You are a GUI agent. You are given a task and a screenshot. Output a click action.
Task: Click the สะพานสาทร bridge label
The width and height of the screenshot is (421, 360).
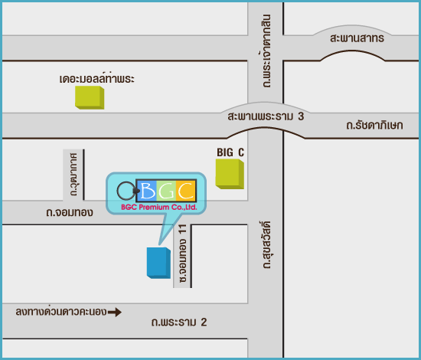tap(357, 38)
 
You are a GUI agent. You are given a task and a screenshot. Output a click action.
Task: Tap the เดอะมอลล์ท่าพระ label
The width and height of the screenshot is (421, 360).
tap(96, 78)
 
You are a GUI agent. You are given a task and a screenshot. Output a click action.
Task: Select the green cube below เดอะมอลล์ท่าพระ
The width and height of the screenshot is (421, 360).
tap(90, 97)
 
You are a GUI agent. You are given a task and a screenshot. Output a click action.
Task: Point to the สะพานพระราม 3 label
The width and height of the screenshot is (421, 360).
tap(266, 116)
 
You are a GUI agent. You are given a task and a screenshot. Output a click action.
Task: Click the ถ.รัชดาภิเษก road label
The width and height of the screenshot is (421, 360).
tap(374, 125)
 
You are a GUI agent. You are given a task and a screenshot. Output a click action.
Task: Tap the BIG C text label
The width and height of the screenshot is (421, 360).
tap(230, 152)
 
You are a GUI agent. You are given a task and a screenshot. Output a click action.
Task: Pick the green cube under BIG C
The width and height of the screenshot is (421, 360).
tap(230, 174)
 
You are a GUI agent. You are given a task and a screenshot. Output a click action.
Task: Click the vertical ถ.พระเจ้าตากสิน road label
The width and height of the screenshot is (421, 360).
tap(266, 51)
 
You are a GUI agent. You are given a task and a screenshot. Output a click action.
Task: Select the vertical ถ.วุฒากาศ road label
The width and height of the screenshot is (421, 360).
tap(73, 175)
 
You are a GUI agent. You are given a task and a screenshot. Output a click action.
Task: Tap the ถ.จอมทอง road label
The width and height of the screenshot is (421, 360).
tap(70, 212)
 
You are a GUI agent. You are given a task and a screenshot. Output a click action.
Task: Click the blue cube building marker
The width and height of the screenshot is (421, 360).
tap(158, 263)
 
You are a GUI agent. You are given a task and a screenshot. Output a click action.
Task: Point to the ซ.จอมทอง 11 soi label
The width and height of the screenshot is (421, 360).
tap(183, 253)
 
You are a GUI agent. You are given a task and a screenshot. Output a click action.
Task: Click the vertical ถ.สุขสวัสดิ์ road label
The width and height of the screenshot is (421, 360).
tap(266, 245)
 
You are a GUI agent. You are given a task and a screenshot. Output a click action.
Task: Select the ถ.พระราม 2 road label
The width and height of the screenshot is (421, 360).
tap(179, 322)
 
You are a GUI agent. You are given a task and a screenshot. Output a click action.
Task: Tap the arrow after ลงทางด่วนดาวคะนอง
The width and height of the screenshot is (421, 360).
tap(115, 313)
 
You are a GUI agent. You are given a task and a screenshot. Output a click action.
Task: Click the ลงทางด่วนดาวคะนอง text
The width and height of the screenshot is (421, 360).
tap(61, 311)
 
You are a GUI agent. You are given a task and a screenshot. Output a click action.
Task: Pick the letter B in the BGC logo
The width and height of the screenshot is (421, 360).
tap(148, 191)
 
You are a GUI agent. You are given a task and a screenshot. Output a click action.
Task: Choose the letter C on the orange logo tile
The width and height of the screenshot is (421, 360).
tap(186, 190)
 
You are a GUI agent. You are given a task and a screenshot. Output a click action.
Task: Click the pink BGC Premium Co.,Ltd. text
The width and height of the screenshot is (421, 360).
tap(159, 207)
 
